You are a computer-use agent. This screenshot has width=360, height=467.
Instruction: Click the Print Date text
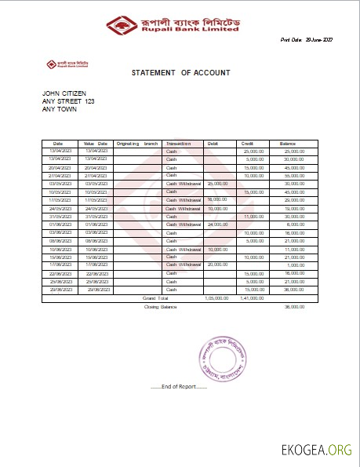point(307,39)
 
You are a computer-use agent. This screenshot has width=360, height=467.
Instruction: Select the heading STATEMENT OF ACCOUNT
point(180,72)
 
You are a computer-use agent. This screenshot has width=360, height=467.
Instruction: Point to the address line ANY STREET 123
point(67,101)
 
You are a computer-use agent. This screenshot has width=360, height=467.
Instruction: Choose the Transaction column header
point(179,144)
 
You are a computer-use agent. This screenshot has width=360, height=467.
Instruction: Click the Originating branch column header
point(136,144)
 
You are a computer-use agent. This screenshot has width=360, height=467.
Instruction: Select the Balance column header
point(288,144)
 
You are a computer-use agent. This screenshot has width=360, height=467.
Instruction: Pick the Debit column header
point(213,144)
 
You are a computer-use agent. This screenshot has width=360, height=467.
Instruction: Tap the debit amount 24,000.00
point(217,224)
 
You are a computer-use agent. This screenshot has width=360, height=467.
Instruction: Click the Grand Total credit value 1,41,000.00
point(253,298)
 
